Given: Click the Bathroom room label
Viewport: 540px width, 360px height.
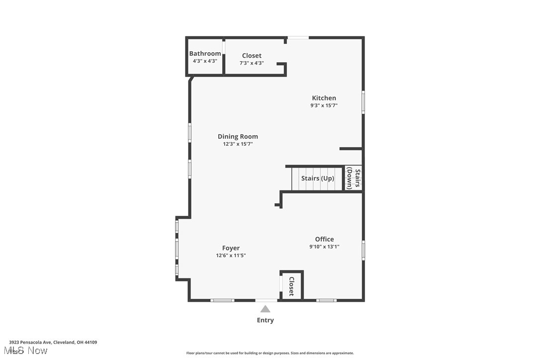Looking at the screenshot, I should click(205, 54).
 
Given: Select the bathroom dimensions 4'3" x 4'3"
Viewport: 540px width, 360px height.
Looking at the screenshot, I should click(205, 61).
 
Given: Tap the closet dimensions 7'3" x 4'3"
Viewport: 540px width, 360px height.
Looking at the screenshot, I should click(251, 63).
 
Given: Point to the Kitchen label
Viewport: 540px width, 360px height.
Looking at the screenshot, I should click(324, 98).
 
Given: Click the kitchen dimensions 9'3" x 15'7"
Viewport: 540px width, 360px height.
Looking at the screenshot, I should click(324, 105).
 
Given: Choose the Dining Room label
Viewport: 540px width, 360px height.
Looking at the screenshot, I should click(238, 136).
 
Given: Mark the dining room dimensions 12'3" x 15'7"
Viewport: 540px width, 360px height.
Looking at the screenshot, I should click(238, 144).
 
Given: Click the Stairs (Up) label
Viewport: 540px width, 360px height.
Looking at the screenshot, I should click(317, 179).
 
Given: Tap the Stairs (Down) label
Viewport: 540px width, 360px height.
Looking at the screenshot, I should click(354, 179).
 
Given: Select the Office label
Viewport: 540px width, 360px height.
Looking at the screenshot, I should click(324, 239).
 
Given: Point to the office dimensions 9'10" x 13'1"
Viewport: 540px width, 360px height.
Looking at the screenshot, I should click(324, 247).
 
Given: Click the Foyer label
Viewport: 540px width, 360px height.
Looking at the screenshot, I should click(231, 248).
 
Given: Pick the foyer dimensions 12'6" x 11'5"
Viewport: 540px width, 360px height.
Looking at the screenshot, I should click(231, 256).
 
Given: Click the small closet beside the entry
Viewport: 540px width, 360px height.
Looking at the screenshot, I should click(291, 286).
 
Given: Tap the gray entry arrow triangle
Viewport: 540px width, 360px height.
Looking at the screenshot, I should click(266, 309).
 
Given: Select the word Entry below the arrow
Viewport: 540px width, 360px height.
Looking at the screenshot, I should click(265, 320).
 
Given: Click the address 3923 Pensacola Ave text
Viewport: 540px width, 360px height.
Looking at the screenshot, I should click(53, 342).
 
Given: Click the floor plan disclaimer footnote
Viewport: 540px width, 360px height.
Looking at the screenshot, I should click(270, 353).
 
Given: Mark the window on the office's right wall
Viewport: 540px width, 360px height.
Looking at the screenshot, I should click(363, 250).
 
